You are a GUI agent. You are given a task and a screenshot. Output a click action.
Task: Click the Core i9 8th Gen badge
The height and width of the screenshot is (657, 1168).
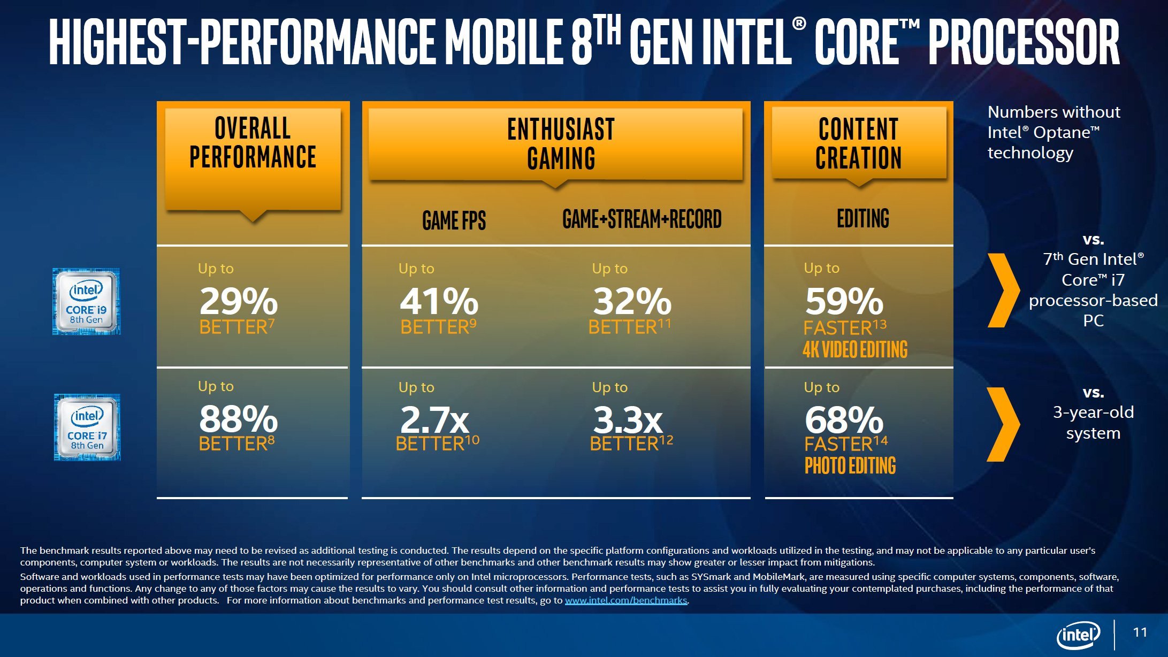(x=87, y=302)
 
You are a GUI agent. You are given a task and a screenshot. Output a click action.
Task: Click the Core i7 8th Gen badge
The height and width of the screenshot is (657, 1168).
(x=87, y=427)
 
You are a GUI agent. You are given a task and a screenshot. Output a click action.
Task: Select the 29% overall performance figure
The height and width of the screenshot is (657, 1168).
(x=239, y=302)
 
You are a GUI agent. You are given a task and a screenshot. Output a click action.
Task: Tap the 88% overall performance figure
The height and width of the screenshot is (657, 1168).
(x=239, y=419)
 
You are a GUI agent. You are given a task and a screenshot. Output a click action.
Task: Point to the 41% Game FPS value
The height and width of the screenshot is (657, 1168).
(x=439, y=302)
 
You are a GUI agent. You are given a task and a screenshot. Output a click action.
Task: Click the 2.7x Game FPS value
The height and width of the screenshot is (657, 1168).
(x=435, y=420)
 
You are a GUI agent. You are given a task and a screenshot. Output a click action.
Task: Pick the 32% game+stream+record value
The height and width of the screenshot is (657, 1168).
(x=632, y=302)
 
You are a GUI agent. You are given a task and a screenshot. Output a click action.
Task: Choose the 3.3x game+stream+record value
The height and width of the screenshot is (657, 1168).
(x=628, y=420)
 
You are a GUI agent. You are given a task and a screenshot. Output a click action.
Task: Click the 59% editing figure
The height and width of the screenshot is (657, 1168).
(x=844, y=302)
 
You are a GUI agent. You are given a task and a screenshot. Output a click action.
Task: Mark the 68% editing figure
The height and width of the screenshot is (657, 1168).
(x=844, y=420)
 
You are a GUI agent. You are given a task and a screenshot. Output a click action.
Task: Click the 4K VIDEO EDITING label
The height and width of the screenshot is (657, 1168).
(x=855, y=349)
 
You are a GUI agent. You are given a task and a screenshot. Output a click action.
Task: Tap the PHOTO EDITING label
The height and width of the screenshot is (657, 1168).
(x=850, y=465)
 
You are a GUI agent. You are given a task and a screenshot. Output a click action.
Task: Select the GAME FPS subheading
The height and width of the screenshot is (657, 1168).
(x=454, y=220)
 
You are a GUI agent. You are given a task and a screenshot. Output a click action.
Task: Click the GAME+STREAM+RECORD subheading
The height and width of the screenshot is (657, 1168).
(x=642, y=219)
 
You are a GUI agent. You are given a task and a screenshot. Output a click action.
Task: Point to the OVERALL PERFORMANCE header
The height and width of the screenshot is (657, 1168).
(x=253, y=143)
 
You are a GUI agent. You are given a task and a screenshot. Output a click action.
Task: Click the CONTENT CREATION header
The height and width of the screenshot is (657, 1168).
(x=859, y=143)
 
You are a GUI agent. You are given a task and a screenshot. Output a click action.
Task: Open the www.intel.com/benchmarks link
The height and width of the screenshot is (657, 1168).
(x=625, y=600)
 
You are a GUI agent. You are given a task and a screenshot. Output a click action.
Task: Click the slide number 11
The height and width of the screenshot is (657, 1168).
(x=1140, y=632)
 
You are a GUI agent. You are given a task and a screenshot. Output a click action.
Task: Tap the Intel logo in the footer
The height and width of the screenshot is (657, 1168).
(x=1078, y=635)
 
